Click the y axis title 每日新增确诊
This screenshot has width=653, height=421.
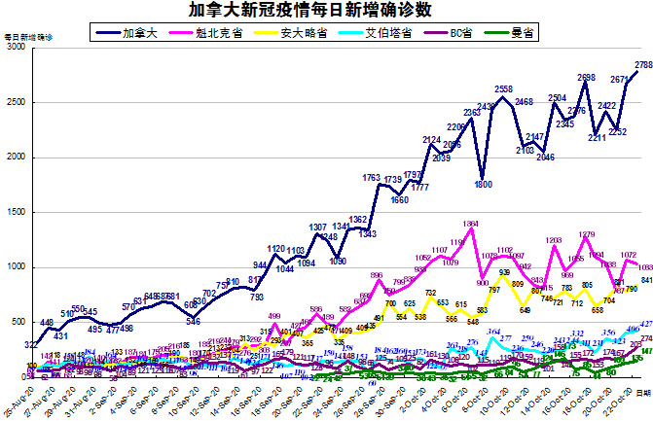click(x=28, y=36)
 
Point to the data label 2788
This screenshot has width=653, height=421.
click(x=643, y=65)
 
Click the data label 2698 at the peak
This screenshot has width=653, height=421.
click(x=586, y=77)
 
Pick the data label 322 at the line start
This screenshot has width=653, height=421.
click(x=31, y=317)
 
